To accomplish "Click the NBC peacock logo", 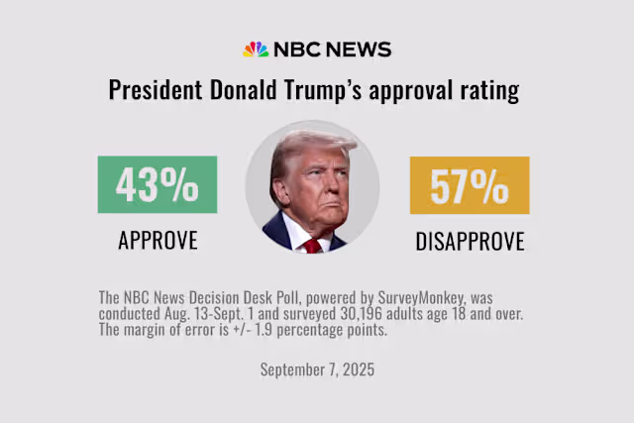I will (x=256, y=50).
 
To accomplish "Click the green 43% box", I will (x=158, y=185).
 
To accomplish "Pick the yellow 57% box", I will (x=470, y=185).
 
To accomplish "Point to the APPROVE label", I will (x=158, y=240).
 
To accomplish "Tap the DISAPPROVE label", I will (x=470, y=240).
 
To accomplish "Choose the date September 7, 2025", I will (x=316, y=370).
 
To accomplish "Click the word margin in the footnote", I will (x=141, y=329).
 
